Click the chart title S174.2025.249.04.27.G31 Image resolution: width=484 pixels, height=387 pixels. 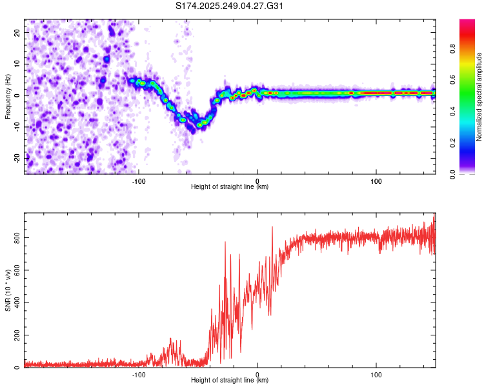pyautogui.click(x=230, y=6)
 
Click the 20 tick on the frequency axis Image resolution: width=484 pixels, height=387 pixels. pyautogui.click(x=17, y=32)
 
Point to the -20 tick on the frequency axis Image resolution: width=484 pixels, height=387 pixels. pyautogui.click(x=16, y=157)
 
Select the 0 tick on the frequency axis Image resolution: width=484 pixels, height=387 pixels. pyautogui.click(x=19, y=95)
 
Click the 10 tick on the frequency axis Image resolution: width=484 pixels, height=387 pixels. pyautogui.click(x=17, y=64)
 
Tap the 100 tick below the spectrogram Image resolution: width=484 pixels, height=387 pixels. pyautogui.click(x=376, y=181)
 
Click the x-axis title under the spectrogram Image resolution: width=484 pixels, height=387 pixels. pyautogui.click(x=230, y=188)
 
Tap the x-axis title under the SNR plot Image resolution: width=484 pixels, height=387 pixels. pyautogui.click(x=230, y=381)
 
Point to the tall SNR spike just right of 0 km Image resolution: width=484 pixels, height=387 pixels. pyautogui.click(x=272, y=228)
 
